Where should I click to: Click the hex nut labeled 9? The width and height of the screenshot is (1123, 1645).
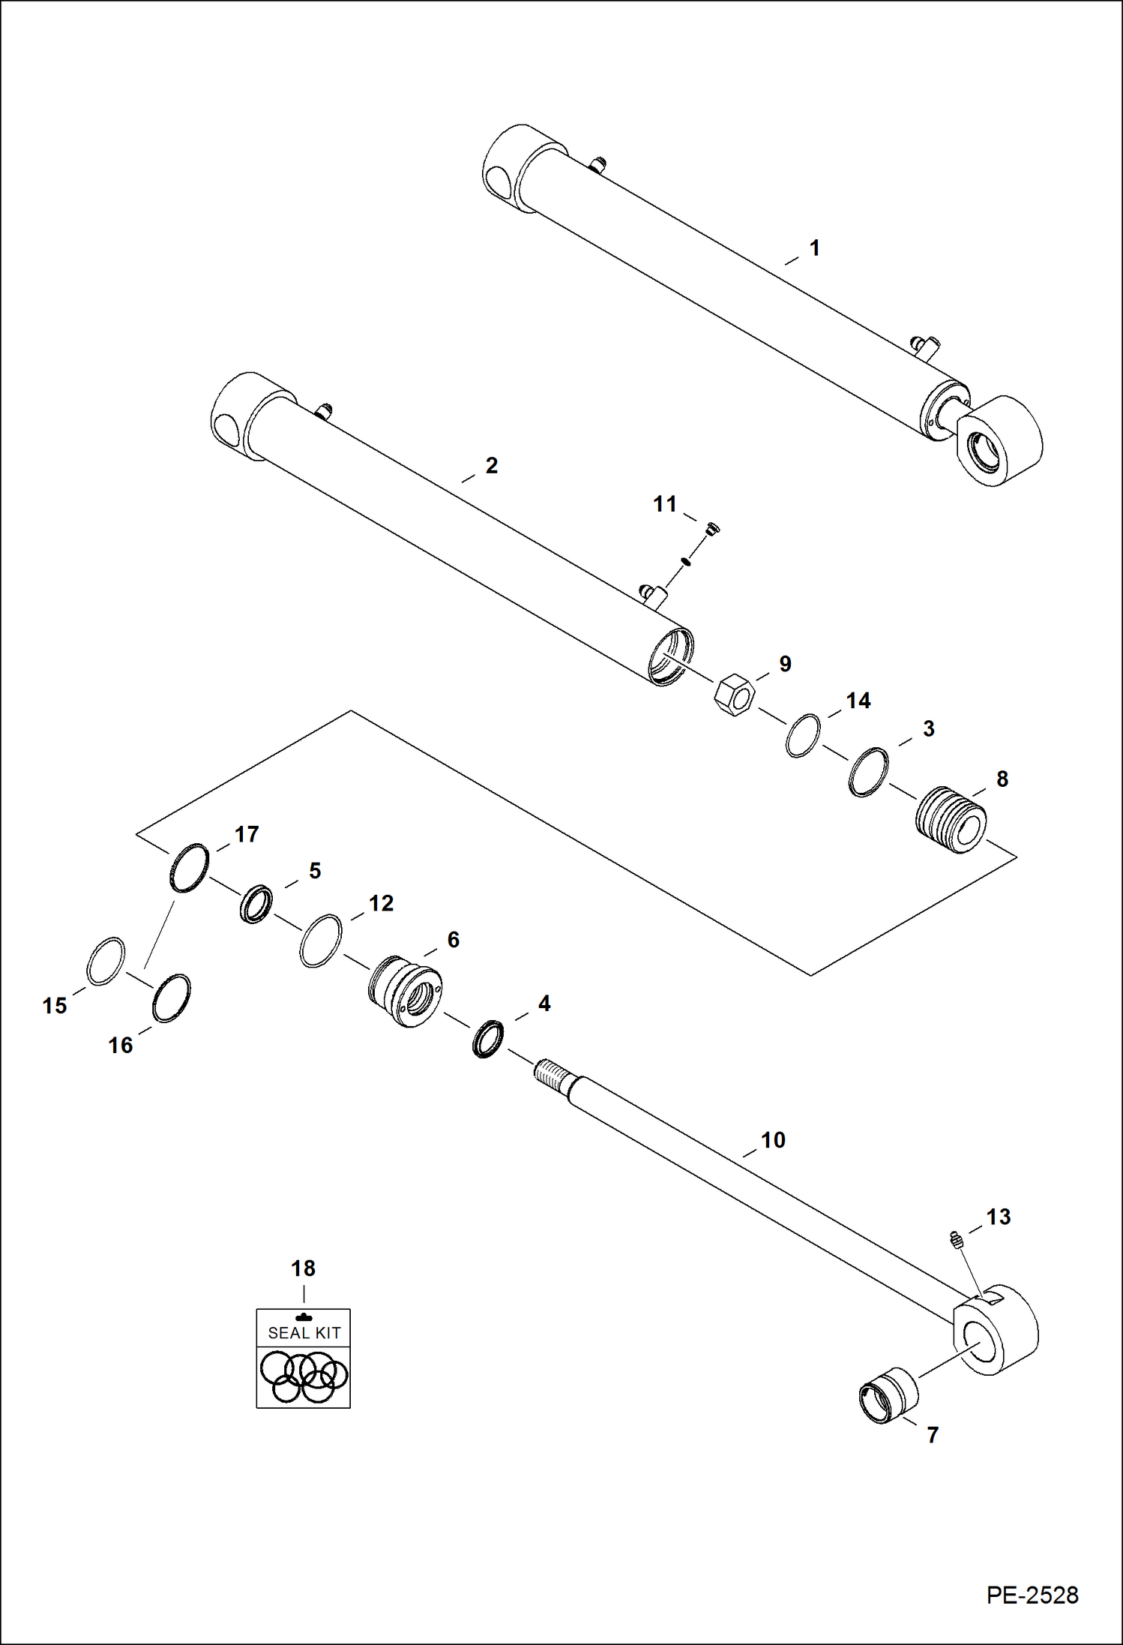click(x=734, y=695)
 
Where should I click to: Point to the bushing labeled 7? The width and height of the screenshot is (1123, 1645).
click(x=888, y=1395)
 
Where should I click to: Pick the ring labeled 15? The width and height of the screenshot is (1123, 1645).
click(x=106, y=961)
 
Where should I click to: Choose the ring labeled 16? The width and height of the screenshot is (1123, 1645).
click(x=171, y=998)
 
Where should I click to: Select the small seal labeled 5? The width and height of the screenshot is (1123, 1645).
click(x=256, y=904)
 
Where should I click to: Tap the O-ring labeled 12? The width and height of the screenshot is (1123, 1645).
click(x=321, y=941)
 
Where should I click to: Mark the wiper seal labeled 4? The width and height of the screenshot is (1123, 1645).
click(x=488, y=1039)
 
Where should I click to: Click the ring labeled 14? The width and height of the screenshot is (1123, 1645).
click(x=803, y=736)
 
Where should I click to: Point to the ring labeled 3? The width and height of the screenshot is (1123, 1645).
click(x=868, y=772)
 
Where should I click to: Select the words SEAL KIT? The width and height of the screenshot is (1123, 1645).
click(x=304, y=1333)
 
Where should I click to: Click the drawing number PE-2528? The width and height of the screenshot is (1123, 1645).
click(x=1032, y=1595)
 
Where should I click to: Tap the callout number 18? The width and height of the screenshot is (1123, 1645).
click(x=303, y=1268)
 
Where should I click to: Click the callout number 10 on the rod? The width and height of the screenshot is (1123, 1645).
click(x=773, y=1139)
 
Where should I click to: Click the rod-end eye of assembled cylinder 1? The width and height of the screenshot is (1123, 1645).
click(x=999, y=442)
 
